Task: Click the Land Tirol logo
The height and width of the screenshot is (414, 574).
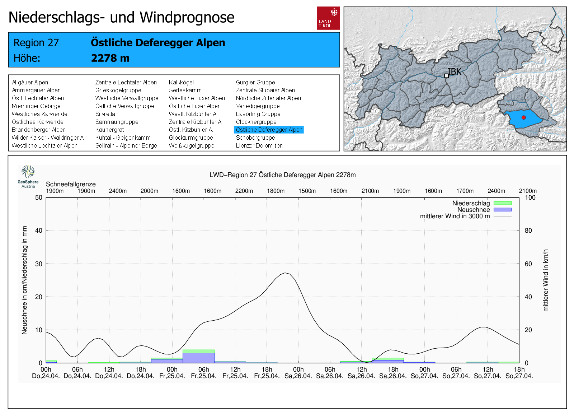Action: (328, 18)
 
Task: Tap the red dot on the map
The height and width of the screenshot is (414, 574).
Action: (523, 117)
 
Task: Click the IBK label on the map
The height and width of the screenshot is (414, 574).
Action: (454, 72)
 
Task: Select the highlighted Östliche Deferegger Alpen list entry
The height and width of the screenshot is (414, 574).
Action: (269, 130)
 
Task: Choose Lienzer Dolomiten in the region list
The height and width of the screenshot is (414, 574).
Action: (259, 145)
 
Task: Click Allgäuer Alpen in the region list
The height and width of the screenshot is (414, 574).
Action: (30, 82)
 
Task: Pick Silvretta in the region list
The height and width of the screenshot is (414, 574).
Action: (105, 114)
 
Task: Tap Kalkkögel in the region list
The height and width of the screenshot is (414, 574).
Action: (181, 82)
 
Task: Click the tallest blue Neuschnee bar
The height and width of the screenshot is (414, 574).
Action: (198, 358)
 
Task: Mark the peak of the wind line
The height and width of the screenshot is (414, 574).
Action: (285, 273)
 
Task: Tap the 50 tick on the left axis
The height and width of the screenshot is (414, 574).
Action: (39, 197)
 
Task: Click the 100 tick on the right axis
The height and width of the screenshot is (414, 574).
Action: (530, 197)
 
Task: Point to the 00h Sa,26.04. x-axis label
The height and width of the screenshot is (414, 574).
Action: (298, 373)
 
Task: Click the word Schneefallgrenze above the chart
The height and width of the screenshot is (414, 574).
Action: (71, 184)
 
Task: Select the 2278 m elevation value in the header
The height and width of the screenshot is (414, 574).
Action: (110, 58)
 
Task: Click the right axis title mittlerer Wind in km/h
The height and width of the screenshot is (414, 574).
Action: (546, 280)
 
